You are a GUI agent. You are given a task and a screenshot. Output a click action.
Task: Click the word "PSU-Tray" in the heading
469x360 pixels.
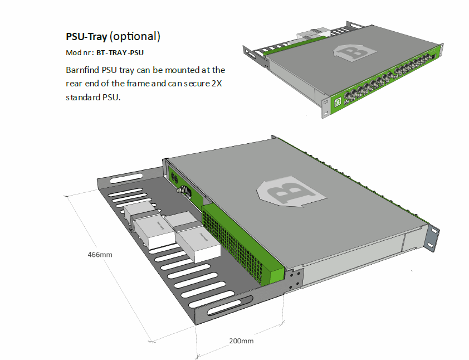[86, 37]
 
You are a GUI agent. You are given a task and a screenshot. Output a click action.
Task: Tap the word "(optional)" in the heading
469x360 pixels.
[135, 37]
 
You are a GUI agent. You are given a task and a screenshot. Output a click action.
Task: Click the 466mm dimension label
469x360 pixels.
[100, 255]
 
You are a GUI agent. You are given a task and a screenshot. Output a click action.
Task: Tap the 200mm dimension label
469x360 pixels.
[241, 340]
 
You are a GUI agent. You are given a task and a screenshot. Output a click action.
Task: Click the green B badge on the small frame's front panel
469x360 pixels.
[338, 102]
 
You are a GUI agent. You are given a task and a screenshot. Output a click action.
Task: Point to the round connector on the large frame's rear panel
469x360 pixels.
[181, 190]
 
